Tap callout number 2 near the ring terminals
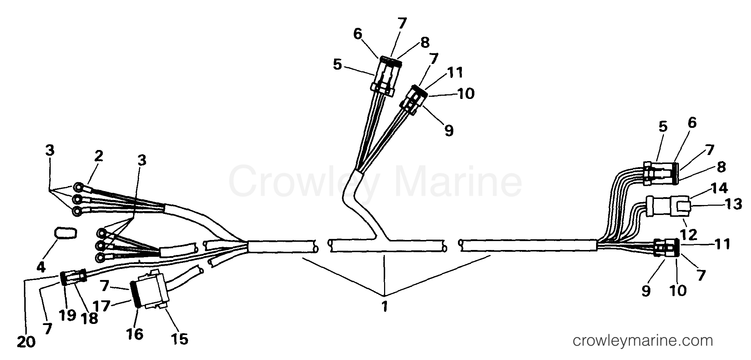tap(99, 156)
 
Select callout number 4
tap(41, 266)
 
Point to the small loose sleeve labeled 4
tap(65, 233)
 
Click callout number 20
tap(26, 342)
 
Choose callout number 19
tap(67, 315)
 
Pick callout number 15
tap(180, 339)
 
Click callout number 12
tap(689, 235)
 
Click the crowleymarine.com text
tap(643, 341)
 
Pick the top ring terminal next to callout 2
tap(78, 187)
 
